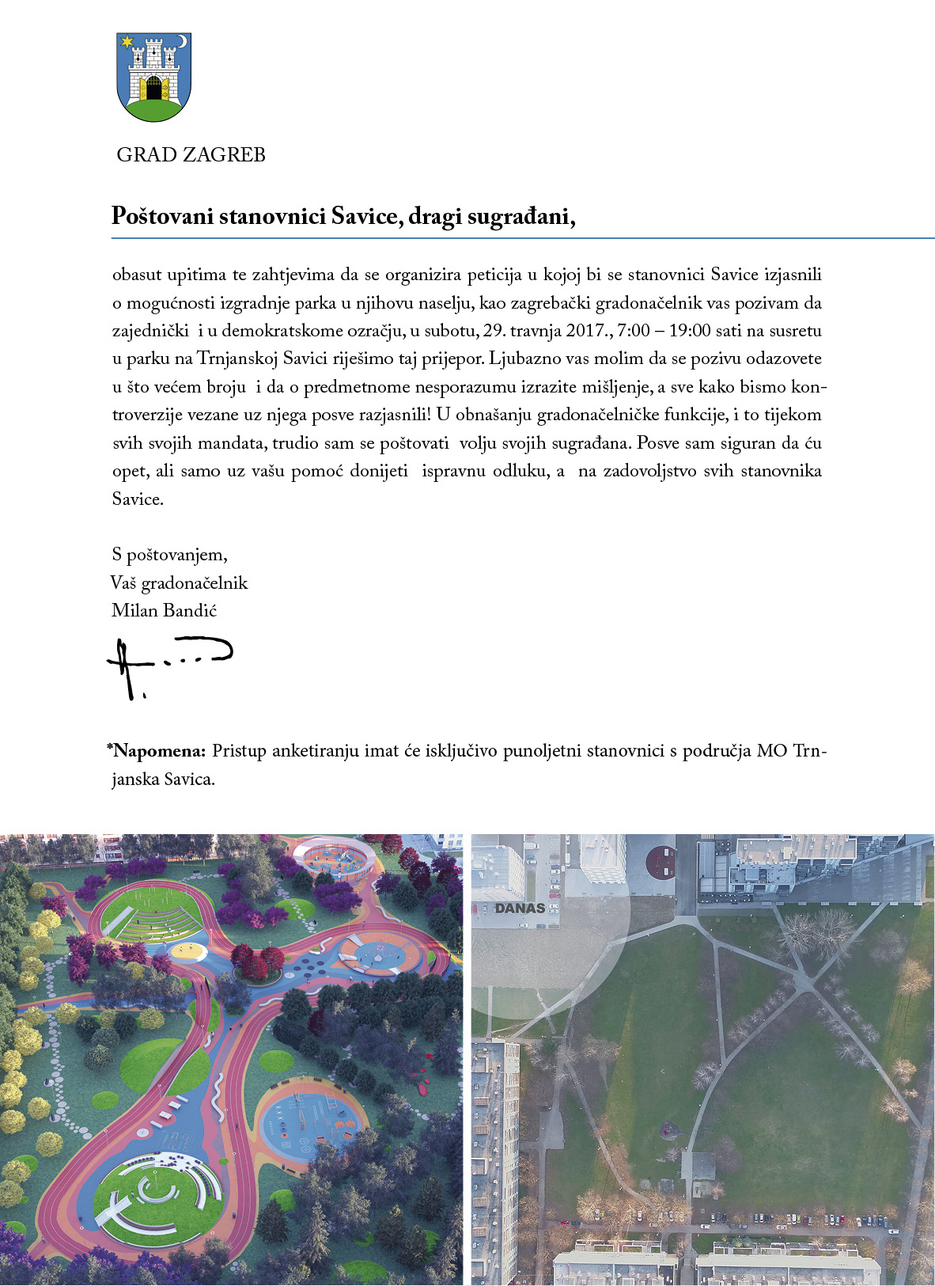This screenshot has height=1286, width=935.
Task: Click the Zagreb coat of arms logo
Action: [x=154, y=77]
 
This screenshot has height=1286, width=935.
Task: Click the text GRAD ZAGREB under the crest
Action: [x=191, y=155]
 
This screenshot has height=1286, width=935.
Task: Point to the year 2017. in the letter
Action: [x=586, y=331]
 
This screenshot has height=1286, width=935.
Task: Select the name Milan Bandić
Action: [x=165, y=611]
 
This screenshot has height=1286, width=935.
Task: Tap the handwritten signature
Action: [x=166, y=665]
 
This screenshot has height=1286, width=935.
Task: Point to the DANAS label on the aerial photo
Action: [x=520, y=908]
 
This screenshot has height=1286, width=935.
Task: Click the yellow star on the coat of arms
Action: [x=127, y=43]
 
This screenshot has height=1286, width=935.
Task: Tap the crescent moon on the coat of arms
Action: [x=182, y=41]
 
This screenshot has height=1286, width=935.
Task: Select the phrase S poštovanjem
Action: [x=170, y=555]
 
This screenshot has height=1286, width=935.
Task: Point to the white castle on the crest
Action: [x=154, y=70]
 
